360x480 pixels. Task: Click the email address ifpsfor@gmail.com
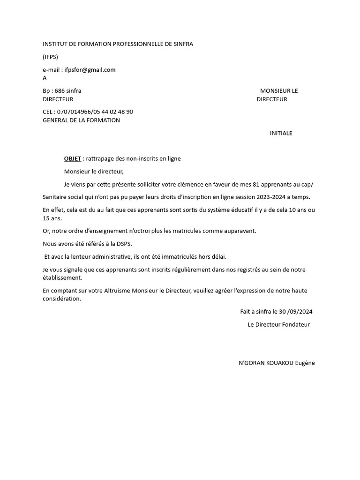[x=90, y=70]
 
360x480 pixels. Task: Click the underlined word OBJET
[x=73, y=158]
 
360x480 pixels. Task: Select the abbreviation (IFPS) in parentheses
[x=51, y=57]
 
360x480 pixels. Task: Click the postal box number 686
[x=60, y=91]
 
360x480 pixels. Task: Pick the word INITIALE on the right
[x=281, y=133]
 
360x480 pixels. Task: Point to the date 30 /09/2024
[x=296, y=312]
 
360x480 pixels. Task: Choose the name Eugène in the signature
[x=305, y=363]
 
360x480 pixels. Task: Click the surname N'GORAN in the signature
[x=250, y=363]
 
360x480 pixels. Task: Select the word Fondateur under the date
[x=296, y=324]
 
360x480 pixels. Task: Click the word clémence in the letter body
[x=187, y=184]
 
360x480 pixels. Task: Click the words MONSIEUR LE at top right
[x=279, y=91]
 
